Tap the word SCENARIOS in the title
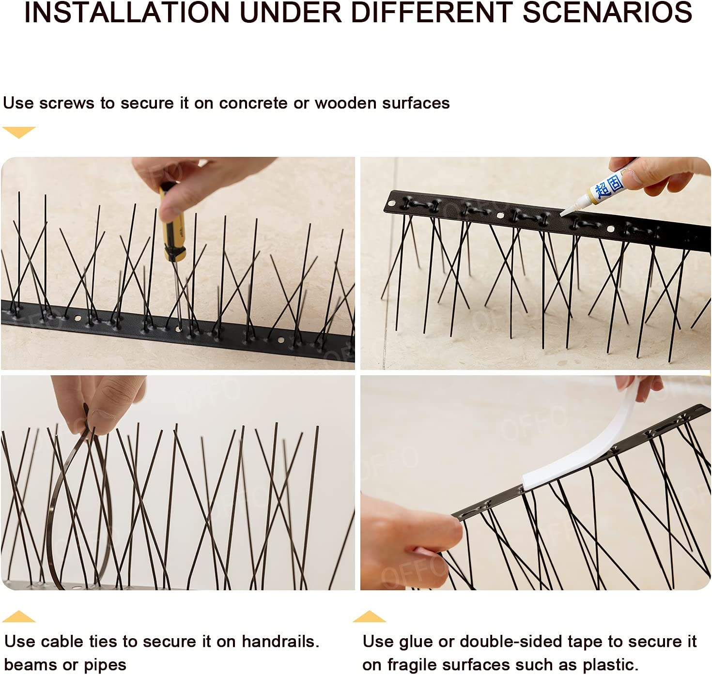pos(607,13)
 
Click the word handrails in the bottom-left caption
pos(279,642)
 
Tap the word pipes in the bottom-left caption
pos(105,665)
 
